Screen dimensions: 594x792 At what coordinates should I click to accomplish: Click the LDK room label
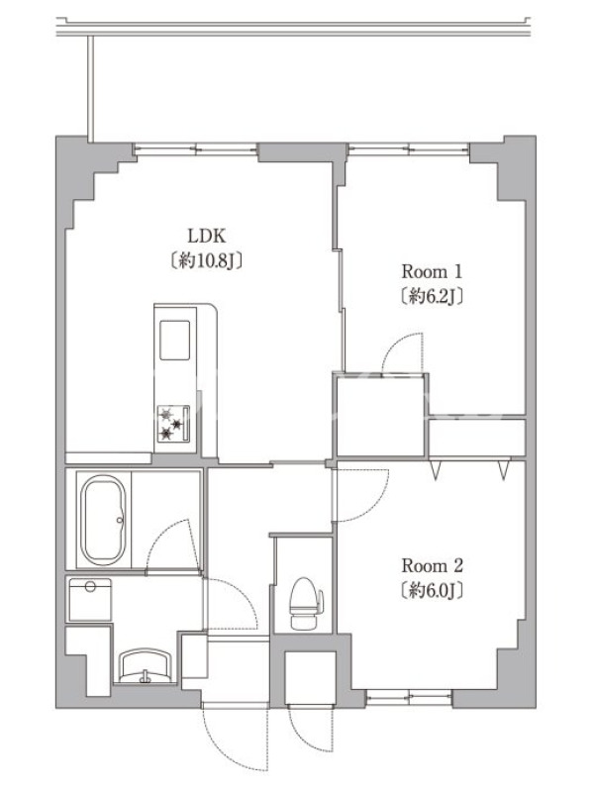[x=207, y=236]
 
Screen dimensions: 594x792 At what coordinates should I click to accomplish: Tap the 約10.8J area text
[x=207, y=260]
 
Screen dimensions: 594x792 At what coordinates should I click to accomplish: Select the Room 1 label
[x=432, y=271]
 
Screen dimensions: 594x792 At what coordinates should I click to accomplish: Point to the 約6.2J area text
[x=432, y=296]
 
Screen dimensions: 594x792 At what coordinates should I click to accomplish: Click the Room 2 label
[x=433, y=565]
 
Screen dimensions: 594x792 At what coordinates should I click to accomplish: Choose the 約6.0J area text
[x=433, y=590]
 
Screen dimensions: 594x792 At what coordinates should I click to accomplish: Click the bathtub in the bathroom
[x=104, y=521]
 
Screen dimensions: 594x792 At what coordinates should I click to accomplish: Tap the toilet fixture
[x=306, y=604]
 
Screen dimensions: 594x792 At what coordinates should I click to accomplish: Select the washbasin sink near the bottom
[x=147, y=666]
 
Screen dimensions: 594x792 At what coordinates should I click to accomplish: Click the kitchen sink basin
[x=175, y=340]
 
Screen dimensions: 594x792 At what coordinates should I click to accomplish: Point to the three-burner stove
[x=173, y=424]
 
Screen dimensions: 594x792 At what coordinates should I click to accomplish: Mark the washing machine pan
[x=90, y=600]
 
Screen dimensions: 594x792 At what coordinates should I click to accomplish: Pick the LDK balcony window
[x=195, y=149]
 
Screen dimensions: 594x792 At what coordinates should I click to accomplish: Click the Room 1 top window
[x=409, y=149]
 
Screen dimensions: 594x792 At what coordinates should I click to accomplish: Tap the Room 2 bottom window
[x=409, y=698]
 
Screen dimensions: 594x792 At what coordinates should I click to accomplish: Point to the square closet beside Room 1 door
[x=381, y=415]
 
